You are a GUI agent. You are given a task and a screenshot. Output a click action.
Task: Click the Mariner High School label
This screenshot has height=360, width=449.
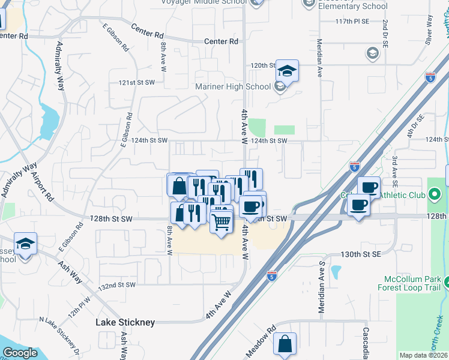pyautogui.click(x=234, y=86)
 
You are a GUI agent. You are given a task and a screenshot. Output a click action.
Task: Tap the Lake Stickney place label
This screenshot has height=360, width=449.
pyautogui.click(x=125, y=322)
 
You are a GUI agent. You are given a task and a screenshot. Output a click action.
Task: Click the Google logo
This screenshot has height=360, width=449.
pyautogui.click(x=20, y=353)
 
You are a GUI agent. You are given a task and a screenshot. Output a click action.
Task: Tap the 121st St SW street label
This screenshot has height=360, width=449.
pyautogui.click(x=136, y=82)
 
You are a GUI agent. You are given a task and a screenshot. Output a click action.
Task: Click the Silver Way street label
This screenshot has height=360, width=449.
pyautogui.click(x=429, y=29)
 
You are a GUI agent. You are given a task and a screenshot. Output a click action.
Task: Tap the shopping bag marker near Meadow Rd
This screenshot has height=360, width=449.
pyautogui.click(x=285, y=344)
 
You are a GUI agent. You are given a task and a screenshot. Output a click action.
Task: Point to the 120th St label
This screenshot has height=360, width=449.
pyautogui.click(x=263, y=65)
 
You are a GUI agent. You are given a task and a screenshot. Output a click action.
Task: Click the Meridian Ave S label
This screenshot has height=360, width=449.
pyautogui.click(x=322, y=287)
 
